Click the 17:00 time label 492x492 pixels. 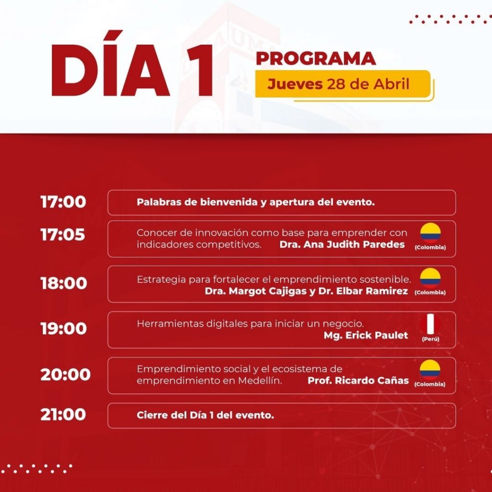(63, 202)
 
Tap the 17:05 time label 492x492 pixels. (63, 234)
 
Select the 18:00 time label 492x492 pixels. (64, 283)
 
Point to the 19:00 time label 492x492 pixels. (64, 329)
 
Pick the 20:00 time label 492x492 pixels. (65, 374)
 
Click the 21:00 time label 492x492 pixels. (63, 414)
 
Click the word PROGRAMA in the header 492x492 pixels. (316, 58)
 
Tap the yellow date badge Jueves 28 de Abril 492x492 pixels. (343, 84)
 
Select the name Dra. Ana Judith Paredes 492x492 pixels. (342, 245)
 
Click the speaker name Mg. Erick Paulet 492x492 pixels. (366, 335)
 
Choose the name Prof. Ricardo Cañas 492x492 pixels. (358, 381)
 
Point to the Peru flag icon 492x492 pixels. (430, 324)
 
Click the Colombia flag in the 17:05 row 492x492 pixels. (430, 233)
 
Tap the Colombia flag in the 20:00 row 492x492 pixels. (430, 370)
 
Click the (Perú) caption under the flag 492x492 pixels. (430, 339)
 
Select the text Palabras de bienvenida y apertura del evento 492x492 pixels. (256, 202)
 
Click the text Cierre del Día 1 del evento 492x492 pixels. (205, 415)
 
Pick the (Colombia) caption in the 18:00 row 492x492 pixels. (430, 293)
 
